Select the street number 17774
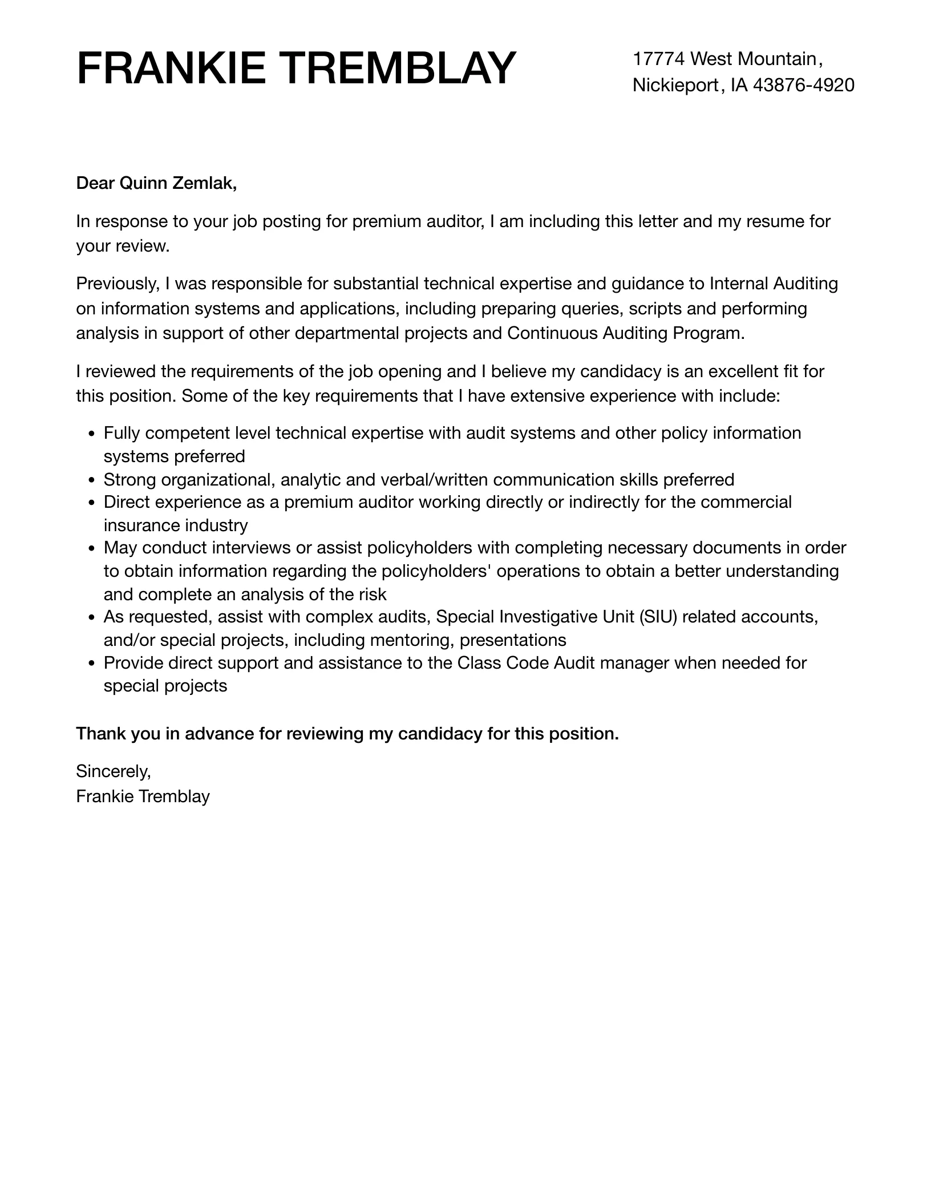[658, 59]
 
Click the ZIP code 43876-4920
[804, 86]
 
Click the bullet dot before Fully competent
[92, 434]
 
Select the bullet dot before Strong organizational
[92, 480]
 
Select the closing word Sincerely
[113, 771]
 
